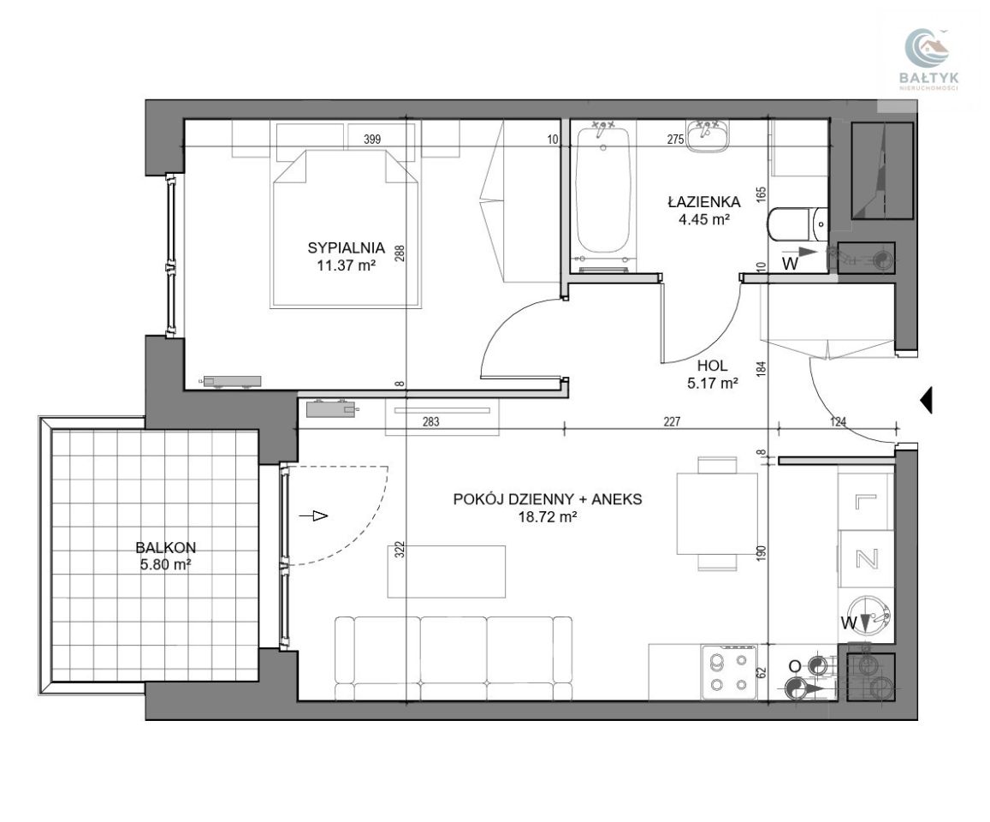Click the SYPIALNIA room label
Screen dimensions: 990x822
click(346, 247)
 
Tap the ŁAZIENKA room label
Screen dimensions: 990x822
click(704, 202)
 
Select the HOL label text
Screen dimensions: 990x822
click(712, 366)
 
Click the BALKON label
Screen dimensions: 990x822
click(165, 547)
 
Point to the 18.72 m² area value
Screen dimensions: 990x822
click(548, 517)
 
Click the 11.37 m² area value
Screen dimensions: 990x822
click(346, 265)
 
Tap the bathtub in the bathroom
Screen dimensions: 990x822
click(603, 195)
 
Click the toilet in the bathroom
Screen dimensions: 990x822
click(797, 223)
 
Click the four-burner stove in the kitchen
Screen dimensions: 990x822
click(729, 673)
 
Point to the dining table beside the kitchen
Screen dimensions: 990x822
click(716, 514)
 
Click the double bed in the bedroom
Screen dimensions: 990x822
click(346, 229)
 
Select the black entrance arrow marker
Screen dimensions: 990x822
click(926, 399)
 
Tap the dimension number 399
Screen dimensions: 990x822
click(372, 139)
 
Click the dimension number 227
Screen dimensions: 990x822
click(672, 421)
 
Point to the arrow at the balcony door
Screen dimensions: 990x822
click(313, 516)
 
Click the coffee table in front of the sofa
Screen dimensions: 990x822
click(447, 571)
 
